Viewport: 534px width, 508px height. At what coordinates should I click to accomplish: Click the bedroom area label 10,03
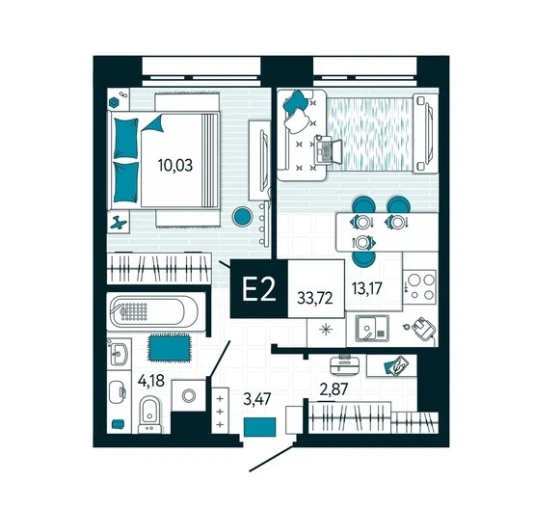click(175, 166)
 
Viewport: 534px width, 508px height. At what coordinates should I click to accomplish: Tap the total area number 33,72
click(314, 299)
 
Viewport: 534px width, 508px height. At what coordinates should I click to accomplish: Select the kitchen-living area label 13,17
click(366, 288)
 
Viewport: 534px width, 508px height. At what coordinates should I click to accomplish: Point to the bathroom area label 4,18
click(151, 381)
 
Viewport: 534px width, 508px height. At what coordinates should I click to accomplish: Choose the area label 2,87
click(334, 388)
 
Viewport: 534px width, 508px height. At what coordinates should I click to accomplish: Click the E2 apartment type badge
click(259, 289)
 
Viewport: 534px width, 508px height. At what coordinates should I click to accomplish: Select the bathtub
click(155, 311)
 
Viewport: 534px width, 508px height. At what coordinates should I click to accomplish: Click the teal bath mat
click(169, 347)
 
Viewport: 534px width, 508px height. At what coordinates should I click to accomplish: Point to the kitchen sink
click(372, 328)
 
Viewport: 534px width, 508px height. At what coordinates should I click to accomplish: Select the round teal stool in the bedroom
click(243, 217)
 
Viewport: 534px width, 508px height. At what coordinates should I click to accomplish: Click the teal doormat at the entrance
click(260, 427)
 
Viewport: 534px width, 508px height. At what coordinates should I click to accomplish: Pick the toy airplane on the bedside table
click(119, 223)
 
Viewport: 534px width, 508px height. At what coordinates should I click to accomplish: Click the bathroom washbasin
click(119, 353)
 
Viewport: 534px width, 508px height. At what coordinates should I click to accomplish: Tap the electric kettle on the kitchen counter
click(421, 328)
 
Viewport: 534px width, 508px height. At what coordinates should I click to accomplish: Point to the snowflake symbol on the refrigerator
click(326, 330)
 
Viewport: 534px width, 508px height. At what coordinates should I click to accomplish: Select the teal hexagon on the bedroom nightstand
click(114, 102)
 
